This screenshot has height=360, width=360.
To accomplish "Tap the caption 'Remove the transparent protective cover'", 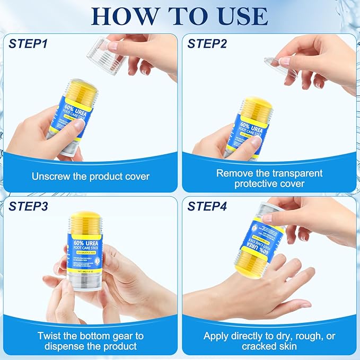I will click(269, 178).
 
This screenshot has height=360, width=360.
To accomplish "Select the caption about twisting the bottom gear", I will click(91, 341).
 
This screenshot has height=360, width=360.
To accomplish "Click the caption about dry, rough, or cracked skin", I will click(269, 341).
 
